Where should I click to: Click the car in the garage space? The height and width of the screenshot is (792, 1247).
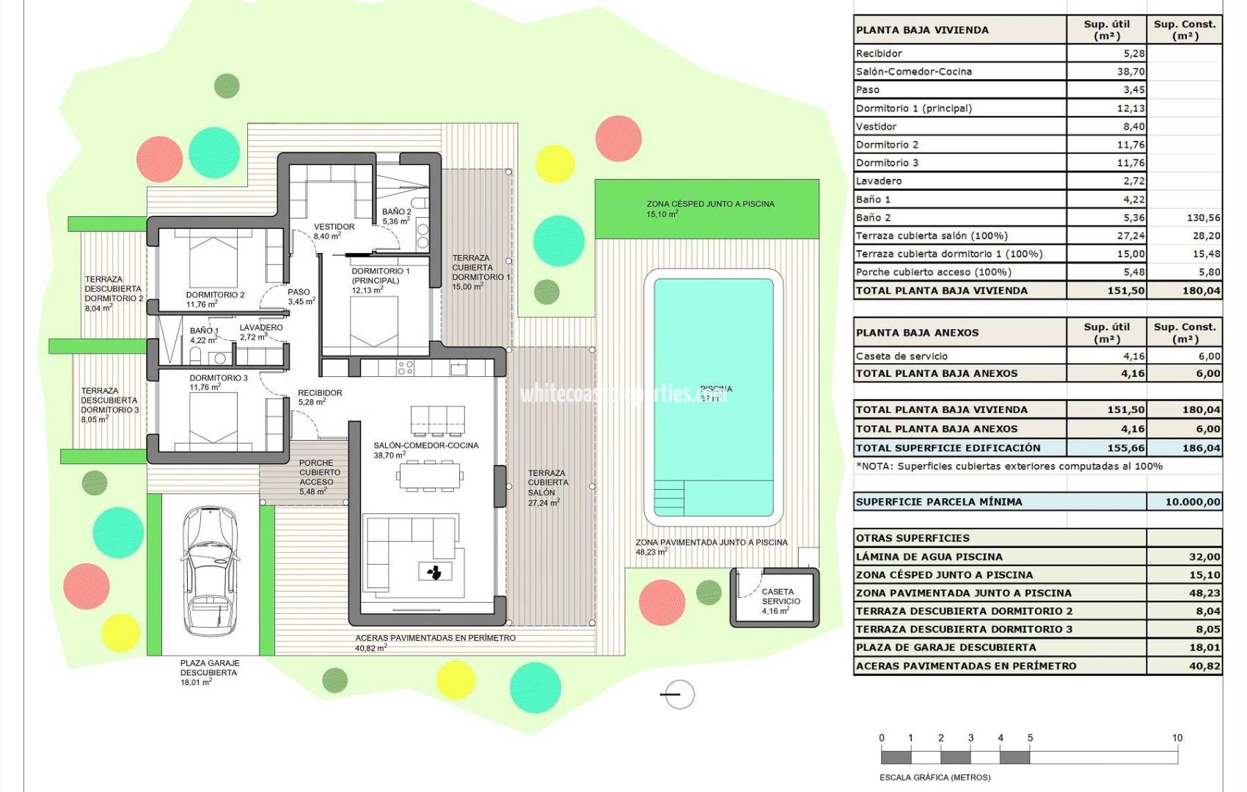[x=209, y=571]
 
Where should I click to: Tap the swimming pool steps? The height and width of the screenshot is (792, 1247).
[x=668, y=497]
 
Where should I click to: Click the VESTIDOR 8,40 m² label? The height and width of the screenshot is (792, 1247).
[x=334, y=231]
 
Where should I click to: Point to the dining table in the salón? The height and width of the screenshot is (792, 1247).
[x=430, y=477]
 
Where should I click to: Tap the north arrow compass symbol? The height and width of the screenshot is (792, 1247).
[x=678, y=694]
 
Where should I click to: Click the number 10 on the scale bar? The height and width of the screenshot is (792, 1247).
[x=1177, y=738]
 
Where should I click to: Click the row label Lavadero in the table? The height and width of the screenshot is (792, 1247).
[x=879, y=181]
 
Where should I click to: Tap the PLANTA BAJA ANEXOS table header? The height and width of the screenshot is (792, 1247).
[x=917, y=333]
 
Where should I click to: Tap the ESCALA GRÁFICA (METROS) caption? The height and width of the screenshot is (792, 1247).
[x=935, y=777]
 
